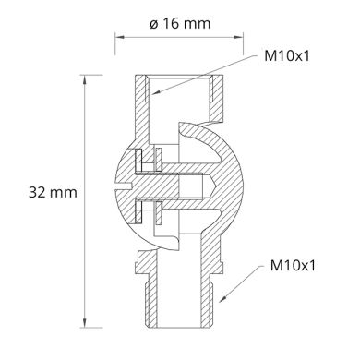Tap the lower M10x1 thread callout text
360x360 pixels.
pos(294,265)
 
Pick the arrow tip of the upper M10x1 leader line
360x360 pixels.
pos(151,94)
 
